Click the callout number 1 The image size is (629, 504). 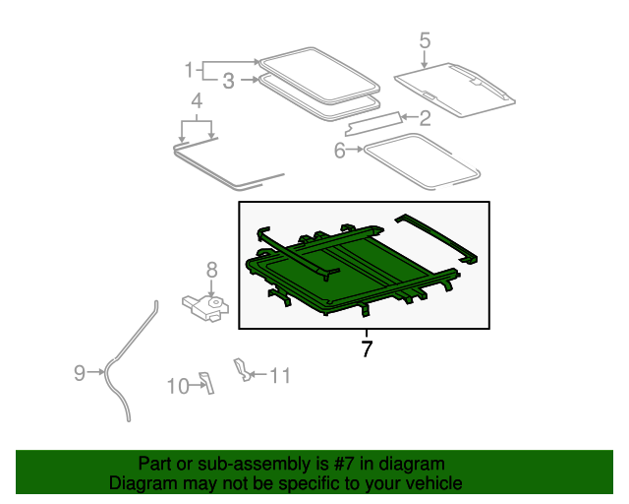pos(189,70)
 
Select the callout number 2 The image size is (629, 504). pos(426,118)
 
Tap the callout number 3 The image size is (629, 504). pos(228,81)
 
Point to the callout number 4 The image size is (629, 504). pos(197,100)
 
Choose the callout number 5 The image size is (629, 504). pos(425,41)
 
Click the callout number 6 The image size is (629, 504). pos(339,151)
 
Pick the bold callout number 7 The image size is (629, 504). pos(367,348)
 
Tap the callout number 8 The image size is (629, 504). pos(212,270)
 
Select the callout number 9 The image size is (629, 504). pos(80,373)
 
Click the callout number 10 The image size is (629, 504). pos(178,386)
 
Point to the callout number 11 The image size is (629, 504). pos(279,376)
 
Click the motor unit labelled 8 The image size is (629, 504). pos(205,308)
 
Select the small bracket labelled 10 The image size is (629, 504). pos(207,383)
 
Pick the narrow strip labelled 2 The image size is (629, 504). pos(372,124)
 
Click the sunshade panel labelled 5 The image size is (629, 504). pos(455,90)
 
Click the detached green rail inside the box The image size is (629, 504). pos(436,238)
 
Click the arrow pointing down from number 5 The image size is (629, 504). pos(425,59)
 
